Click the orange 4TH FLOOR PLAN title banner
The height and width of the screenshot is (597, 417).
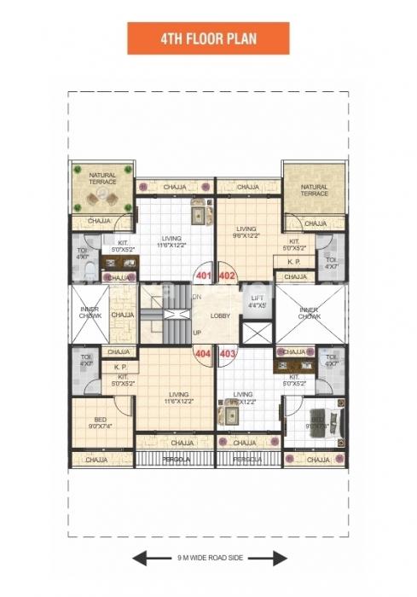(208, 38)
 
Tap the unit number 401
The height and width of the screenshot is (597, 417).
(203, 277)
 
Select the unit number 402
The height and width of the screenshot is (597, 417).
(227, 277)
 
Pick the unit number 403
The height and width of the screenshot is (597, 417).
(227, 352)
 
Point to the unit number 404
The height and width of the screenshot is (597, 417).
(203, 352)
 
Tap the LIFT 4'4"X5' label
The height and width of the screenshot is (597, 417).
(258, 301)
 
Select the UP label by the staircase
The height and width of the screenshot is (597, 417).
(196, 333)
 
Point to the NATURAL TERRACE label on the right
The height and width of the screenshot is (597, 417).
(314, 190)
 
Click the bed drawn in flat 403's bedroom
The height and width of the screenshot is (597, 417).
(321, 421)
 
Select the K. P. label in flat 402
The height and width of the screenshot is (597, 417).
(294, 262)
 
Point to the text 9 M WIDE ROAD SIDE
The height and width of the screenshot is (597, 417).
(209, 560)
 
